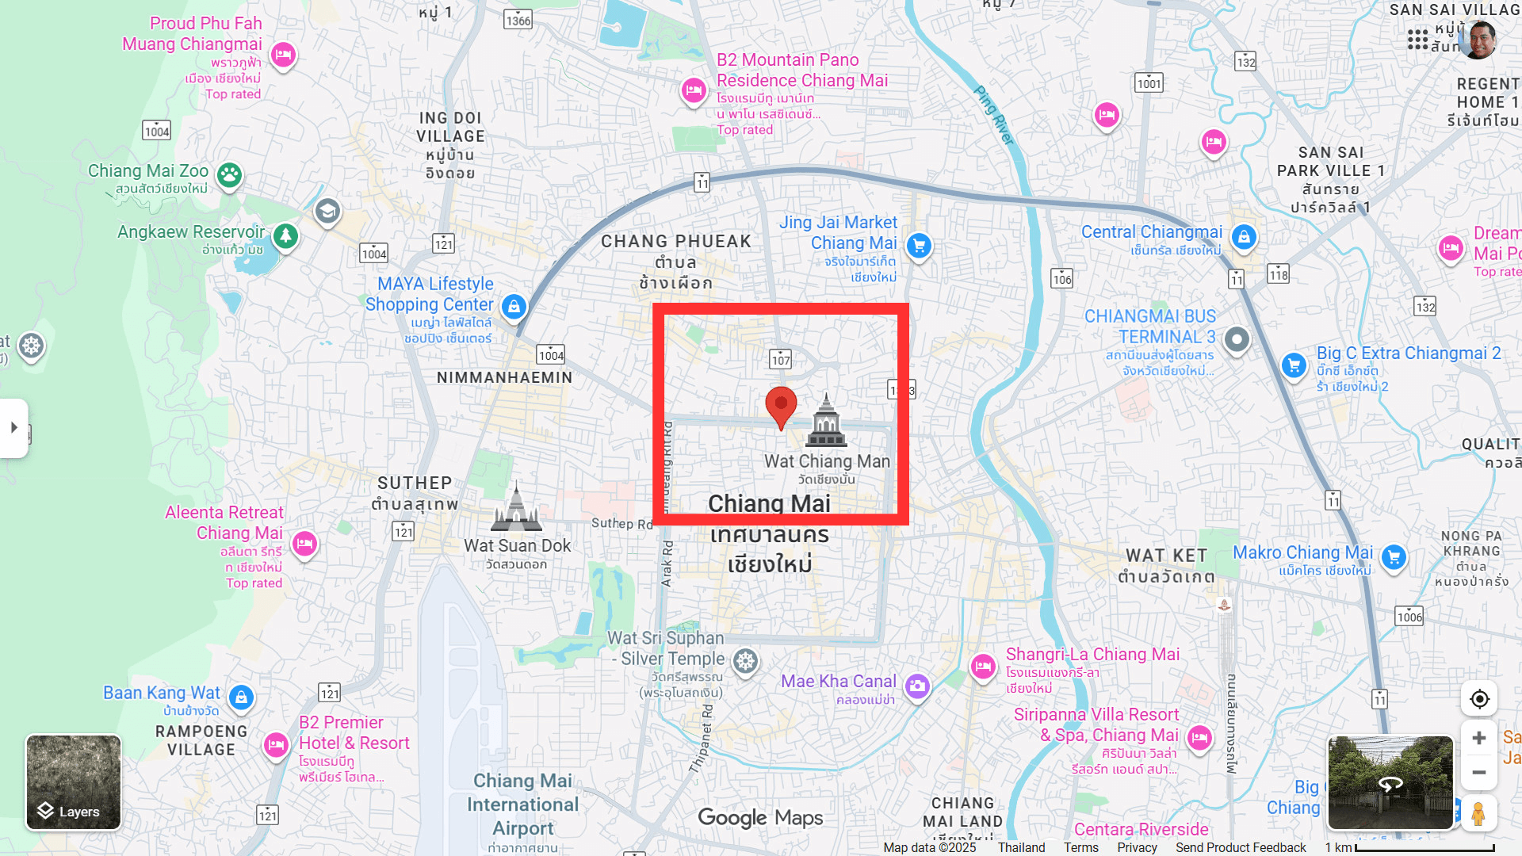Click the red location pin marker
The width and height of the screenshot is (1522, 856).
(781, 406)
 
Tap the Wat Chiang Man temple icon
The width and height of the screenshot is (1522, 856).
(826, 421)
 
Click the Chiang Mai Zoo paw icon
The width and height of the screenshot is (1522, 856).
(230, 175)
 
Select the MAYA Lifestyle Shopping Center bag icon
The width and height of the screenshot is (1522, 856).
(514, 306)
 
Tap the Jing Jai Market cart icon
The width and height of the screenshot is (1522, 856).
(919, 246)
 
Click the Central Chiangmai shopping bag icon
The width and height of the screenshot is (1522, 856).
(1244, 237)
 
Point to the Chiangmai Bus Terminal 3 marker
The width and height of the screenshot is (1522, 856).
(1237, 340)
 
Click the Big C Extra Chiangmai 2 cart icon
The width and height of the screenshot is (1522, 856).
(1294, 365)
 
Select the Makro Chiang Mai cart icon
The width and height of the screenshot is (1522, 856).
(1394, 557)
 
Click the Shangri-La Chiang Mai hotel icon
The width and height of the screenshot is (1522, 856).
(983, 666)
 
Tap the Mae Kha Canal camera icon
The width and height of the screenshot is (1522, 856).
(917, 686)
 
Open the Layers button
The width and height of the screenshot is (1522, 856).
(74, 782)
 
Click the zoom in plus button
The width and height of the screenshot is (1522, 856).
(1479, 738)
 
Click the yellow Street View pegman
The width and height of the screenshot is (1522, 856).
(1478, 814)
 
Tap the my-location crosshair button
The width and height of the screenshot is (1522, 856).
(1479, 699)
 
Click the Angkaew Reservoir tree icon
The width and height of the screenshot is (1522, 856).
(285, 235)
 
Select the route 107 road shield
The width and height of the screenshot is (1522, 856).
(781, 360)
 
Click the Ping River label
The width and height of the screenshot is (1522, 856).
(994, 116)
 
